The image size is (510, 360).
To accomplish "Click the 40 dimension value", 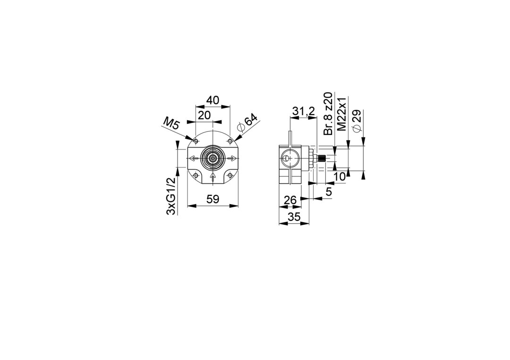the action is click(212, 100).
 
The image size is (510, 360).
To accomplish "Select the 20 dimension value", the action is click(204, 115).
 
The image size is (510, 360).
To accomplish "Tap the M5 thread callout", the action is click(171, 124).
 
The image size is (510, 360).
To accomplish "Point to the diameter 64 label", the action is click(248, 123).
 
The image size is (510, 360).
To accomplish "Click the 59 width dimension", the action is click(213, 199).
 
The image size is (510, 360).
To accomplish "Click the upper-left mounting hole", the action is click(195, 142).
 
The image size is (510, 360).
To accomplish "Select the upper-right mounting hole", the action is click(230, 142).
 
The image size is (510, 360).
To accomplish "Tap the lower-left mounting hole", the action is click(195, 176).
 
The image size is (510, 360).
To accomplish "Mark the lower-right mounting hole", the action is click(230, 176).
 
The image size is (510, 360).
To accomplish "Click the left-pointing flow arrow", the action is click(194, 159).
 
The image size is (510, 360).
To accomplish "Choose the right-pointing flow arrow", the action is click(232, 159).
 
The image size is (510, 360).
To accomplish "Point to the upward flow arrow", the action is click(212, 177).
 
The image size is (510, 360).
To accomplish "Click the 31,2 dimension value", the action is click(304, 111).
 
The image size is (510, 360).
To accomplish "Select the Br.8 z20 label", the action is click(328, 113).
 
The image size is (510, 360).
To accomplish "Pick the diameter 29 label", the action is click(357, 121).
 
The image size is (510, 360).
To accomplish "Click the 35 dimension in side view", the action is click(294, 217).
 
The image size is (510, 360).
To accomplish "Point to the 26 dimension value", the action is click(290, 200).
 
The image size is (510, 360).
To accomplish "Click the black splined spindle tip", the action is click(322, 159).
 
